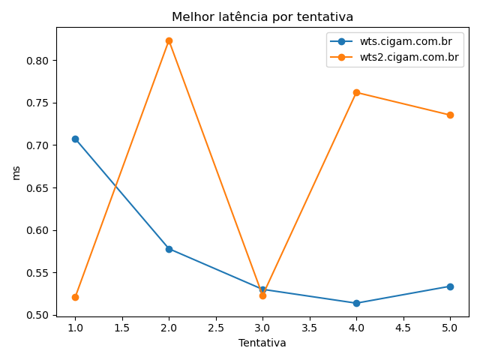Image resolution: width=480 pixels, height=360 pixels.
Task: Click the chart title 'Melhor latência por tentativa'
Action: (262, 16)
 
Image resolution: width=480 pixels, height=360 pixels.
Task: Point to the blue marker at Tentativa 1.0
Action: (75, 139)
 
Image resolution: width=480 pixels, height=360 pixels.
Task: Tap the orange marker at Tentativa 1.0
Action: (75, 297)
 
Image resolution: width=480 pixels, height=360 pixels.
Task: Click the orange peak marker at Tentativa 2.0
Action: (169, 40)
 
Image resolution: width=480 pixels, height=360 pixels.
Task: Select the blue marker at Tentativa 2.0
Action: (169, 248)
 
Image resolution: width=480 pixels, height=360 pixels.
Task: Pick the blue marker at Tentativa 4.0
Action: (356, 303)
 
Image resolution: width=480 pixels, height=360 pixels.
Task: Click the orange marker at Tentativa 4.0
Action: (356, 92)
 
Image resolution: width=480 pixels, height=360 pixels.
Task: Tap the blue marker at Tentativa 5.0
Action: (450, 286)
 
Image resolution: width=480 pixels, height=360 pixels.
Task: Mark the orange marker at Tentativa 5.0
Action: (450, 115)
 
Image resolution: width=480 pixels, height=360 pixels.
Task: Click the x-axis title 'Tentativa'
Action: (262, 343)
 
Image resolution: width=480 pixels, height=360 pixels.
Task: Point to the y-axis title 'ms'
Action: (16, 172)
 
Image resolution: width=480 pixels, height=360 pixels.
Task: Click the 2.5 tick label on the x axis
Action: (215, 328)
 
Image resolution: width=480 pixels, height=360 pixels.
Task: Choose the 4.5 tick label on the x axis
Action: (403, 328)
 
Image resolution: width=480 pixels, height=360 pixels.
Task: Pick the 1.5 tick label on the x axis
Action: (121, 328)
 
